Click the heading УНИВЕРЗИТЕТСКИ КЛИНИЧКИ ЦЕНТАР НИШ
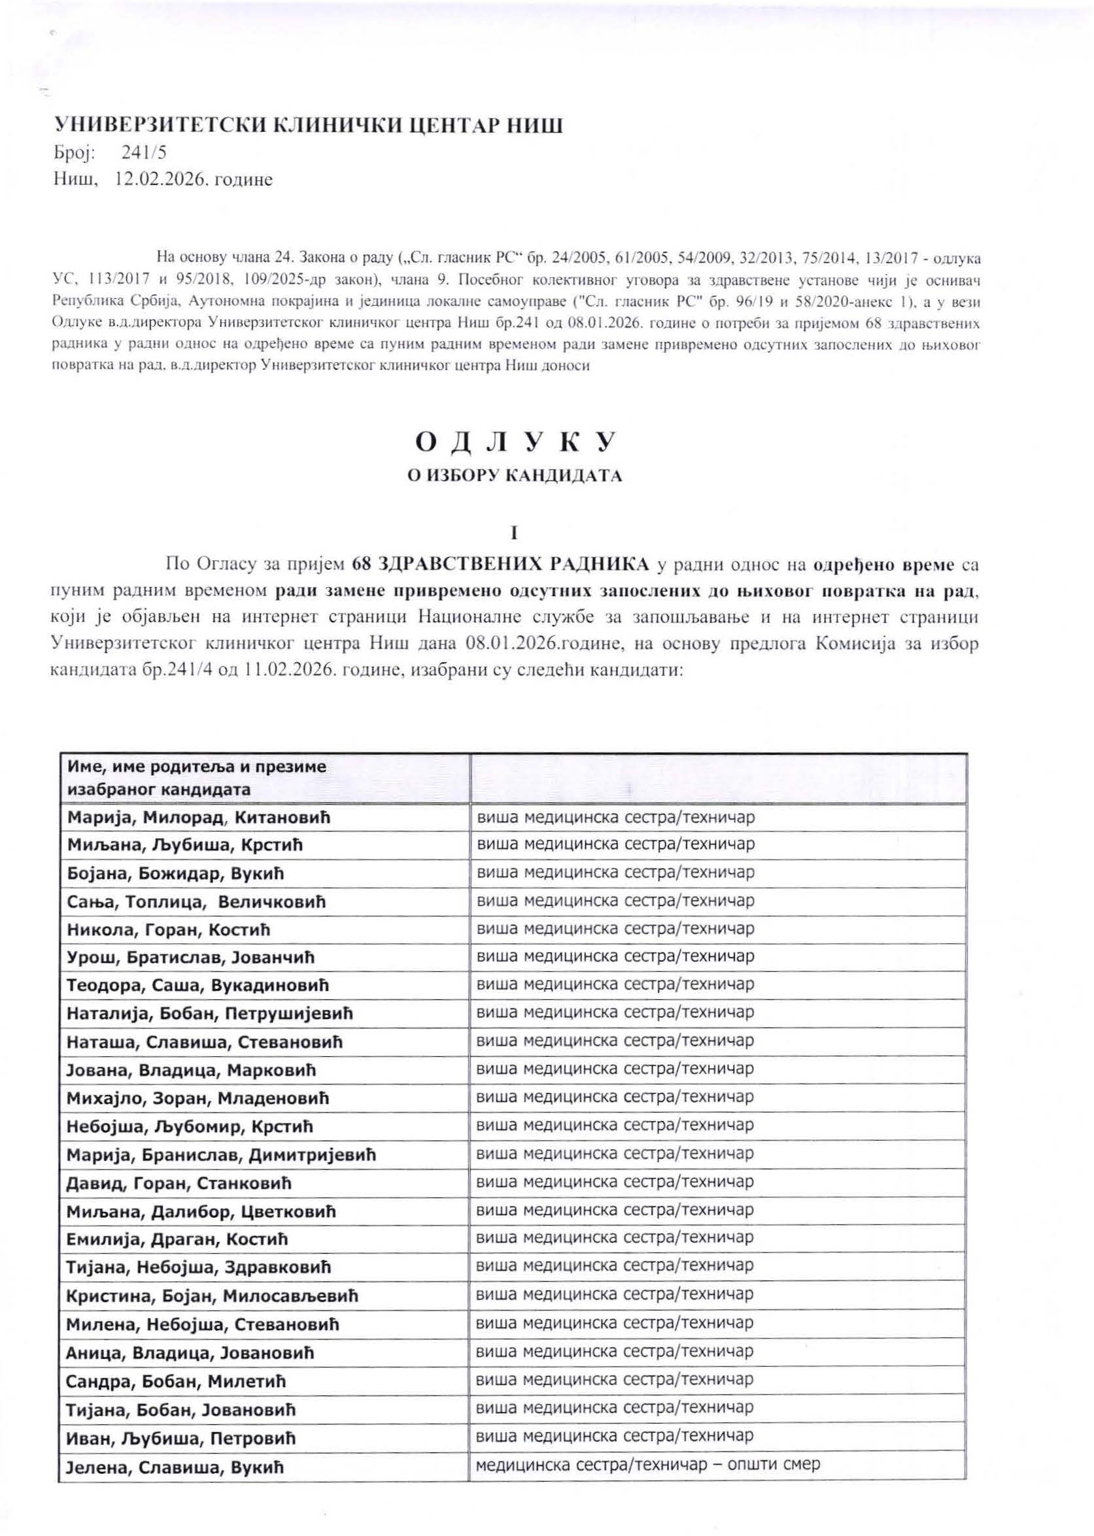(x=308, y=126)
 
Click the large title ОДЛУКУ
(x=515, y=442)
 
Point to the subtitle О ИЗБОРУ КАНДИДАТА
(x=515, y=476)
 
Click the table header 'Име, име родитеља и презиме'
(x=196, y=766)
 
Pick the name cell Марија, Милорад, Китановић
(x=198, y=818)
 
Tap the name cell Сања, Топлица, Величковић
(x=196, y=902)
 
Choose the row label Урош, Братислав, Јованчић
(x=191, y=958)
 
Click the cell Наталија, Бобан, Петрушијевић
(x=209, y=1014)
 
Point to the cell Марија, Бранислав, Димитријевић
(x=221, y=1155)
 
